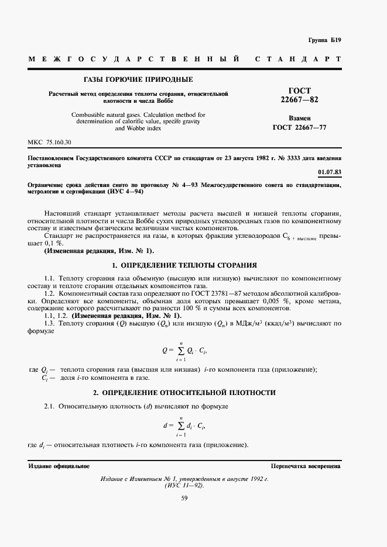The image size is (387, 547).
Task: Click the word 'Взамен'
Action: click(300, 117)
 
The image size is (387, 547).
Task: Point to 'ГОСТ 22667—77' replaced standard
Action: click(300, 127)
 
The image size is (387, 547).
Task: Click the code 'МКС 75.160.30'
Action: click(49, 143)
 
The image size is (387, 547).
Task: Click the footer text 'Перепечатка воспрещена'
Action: click(306, 466)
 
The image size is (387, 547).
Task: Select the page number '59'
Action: click(184, 498)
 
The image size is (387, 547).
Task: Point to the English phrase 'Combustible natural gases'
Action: click(104, 115)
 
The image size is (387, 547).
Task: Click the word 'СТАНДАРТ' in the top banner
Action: click(299, 60)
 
